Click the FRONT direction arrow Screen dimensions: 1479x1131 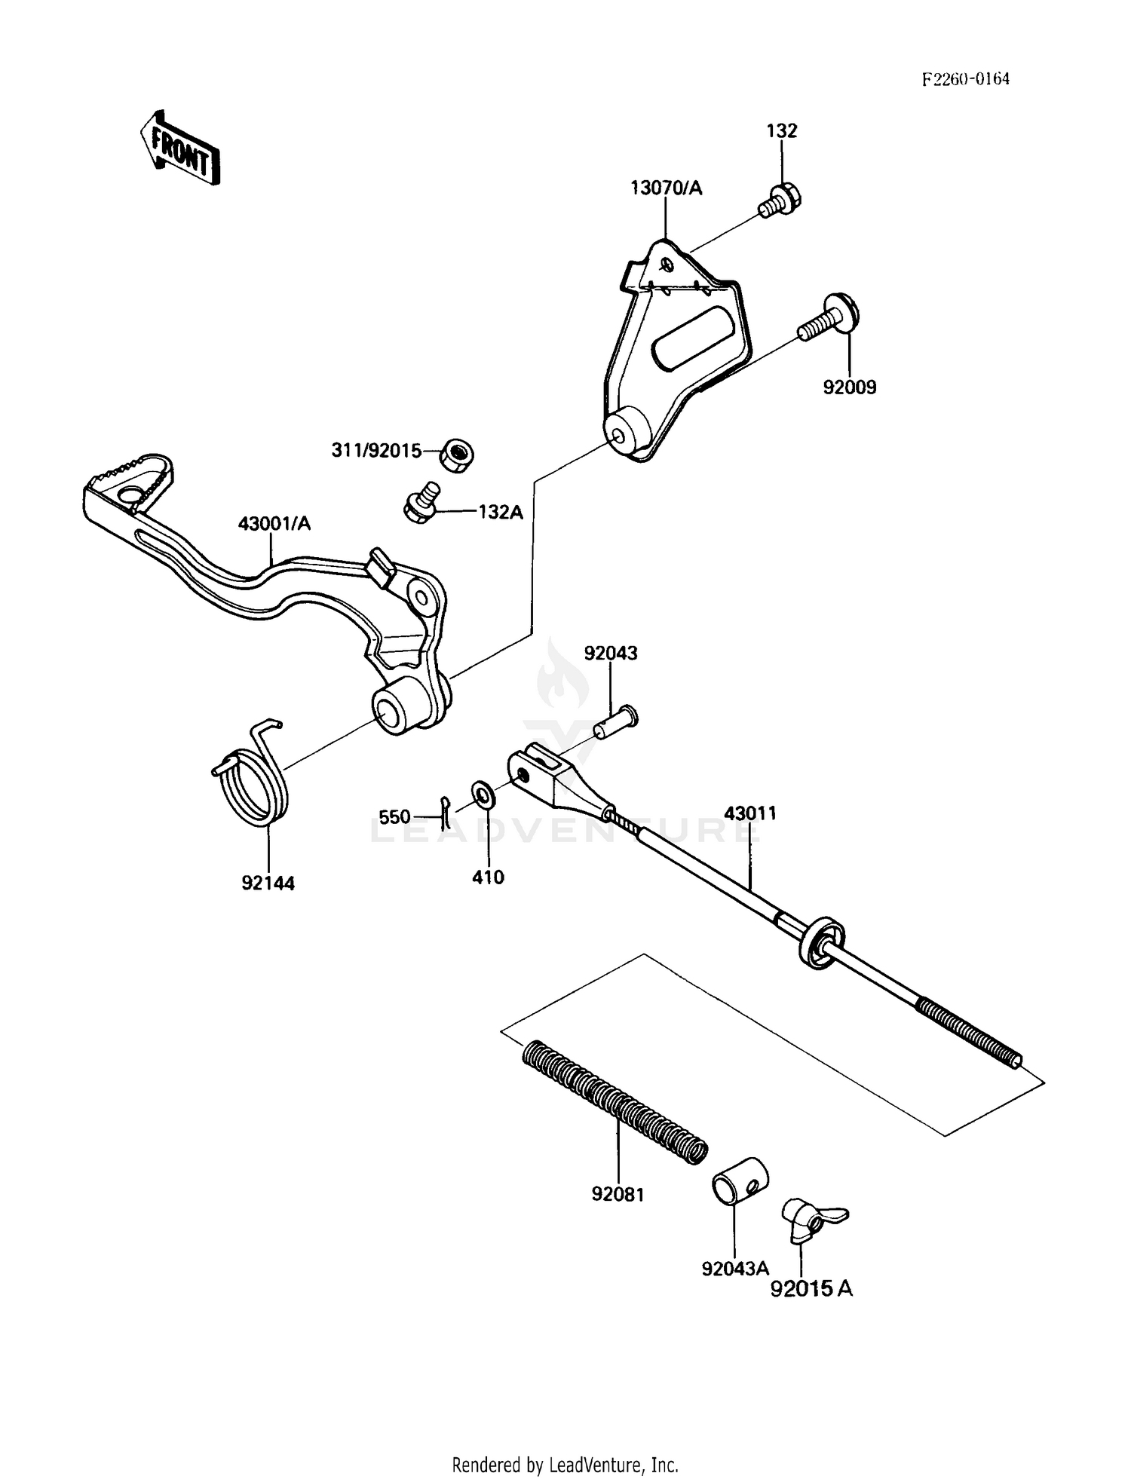(179, 149)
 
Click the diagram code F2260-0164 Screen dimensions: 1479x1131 (965, 79)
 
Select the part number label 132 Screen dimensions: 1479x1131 (782, 130)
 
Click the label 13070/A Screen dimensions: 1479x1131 (667, 188)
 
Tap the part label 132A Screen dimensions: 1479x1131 (501, 511)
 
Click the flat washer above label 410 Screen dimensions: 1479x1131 (482, 794)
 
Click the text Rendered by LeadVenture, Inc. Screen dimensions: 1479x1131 (565, 1465)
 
